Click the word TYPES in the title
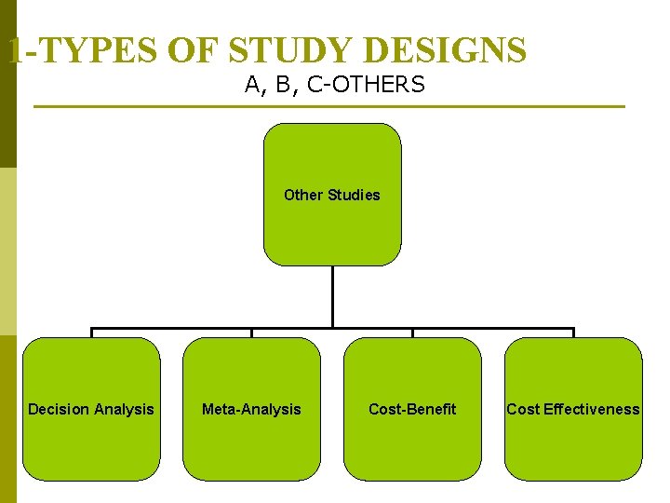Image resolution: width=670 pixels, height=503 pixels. click(x=92, y=49)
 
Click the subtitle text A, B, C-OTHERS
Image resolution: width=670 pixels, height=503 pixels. click(x=334, y=85)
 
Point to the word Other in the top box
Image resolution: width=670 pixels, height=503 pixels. click(x=302, y=195)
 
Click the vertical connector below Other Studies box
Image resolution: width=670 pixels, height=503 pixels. click(x=332, y=296)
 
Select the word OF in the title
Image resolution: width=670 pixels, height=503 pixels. click(x=185, y=49)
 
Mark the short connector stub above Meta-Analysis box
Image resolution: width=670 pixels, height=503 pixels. click(x=251, y=333)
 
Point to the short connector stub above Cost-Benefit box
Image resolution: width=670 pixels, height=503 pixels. click(x=412, y=333)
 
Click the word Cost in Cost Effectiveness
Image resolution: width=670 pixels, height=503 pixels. click(x=523, y=409)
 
